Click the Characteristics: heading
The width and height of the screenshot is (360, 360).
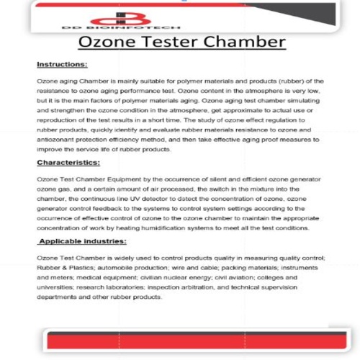click(x=68, y=163)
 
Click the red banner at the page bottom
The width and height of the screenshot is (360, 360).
click(x=180, y=342)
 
